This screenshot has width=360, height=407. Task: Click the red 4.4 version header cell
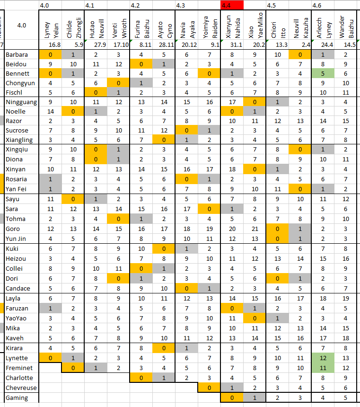(x=232, y=5)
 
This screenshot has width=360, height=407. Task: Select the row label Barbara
(x=17, y=54)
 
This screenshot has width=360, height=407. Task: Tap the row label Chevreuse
(x=21, y=388)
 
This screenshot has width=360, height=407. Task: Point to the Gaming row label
(x=17, y=398)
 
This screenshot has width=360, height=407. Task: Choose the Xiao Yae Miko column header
(x=255, y=25)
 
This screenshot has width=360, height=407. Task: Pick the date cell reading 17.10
(x=121, y=45)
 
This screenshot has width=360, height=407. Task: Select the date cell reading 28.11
(x=167, y=45)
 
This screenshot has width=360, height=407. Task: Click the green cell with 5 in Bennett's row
(x=323, y=74)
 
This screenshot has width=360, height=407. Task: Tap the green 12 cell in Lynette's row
(x=323, y=358)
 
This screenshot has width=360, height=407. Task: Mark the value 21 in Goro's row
(x=255, y=229)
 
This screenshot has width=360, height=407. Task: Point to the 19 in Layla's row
(x=345, y=299)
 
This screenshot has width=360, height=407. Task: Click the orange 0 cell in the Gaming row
(x=232, y=398)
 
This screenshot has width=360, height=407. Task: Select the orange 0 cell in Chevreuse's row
(x=209, y=388)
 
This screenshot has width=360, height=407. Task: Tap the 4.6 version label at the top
(x=317, y=6)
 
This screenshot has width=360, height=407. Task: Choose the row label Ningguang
(x=21, y=102)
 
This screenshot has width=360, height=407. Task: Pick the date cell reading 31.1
(x=236, y=45)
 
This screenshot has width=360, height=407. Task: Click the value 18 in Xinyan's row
(x=232, y=169)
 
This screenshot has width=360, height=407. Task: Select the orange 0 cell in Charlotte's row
(x=141, y=378)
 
